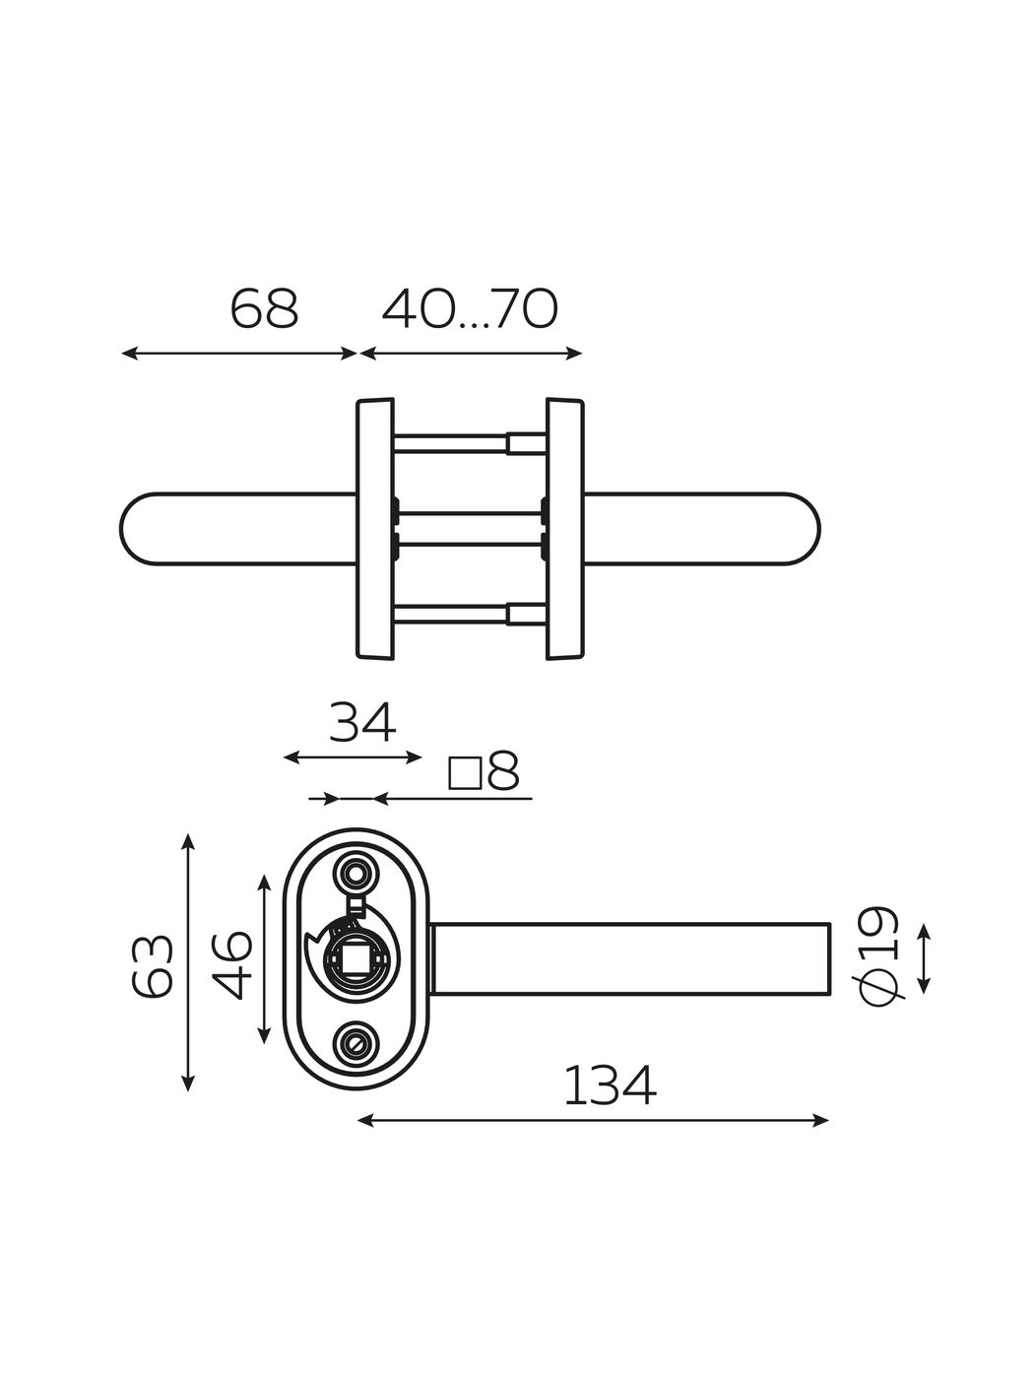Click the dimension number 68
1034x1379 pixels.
[264, 309]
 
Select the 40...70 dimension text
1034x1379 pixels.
[470, 309]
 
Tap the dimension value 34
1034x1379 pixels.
[362, 723]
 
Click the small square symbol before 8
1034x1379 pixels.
[465, 773]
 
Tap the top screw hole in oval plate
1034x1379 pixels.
[355, 874]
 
